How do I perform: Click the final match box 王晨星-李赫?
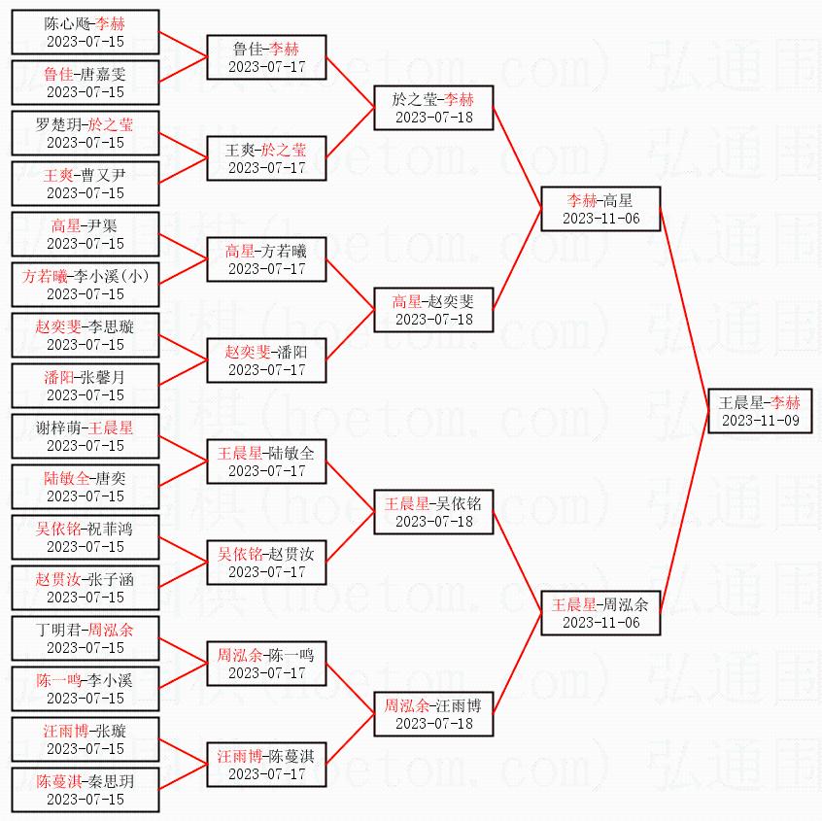click(759, 411)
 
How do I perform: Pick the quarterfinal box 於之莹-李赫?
click(433, 108)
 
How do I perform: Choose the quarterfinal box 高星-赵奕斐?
click(433, 310)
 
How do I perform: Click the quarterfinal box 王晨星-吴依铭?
click(433, 512)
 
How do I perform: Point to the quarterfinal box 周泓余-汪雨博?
click(433, 714)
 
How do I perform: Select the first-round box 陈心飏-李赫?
click(86, 32)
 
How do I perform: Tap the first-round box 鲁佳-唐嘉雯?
click(86, 83)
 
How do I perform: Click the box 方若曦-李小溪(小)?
click(86, 285)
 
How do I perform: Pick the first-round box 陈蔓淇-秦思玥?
click(86, 790)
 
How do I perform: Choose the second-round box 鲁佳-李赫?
click(266, 57)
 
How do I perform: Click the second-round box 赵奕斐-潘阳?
click(266, 360)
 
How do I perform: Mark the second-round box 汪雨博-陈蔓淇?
click(266, 765)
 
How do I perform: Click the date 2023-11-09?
click(759, 421)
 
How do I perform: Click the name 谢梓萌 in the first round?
click(59, 428)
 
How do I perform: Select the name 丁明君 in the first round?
click(59, 630)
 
